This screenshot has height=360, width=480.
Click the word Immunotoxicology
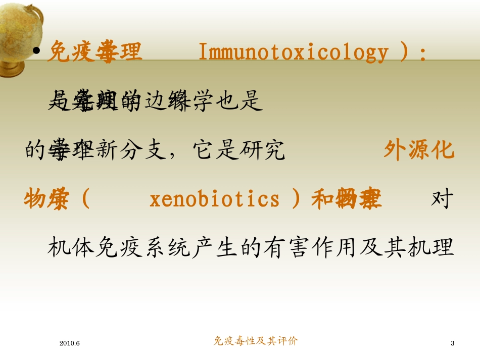pyautogui.click(x=294, y=52)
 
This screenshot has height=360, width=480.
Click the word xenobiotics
pyautogui.click(x=215, y=199)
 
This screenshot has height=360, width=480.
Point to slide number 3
pyautogui.click(x=452, y=343)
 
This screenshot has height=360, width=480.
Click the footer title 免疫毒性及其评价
pyautogui.click(x=256, y=341)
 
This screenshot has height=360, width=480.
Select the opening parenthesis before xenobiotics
pyautogui.click(x=85, y=199)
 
